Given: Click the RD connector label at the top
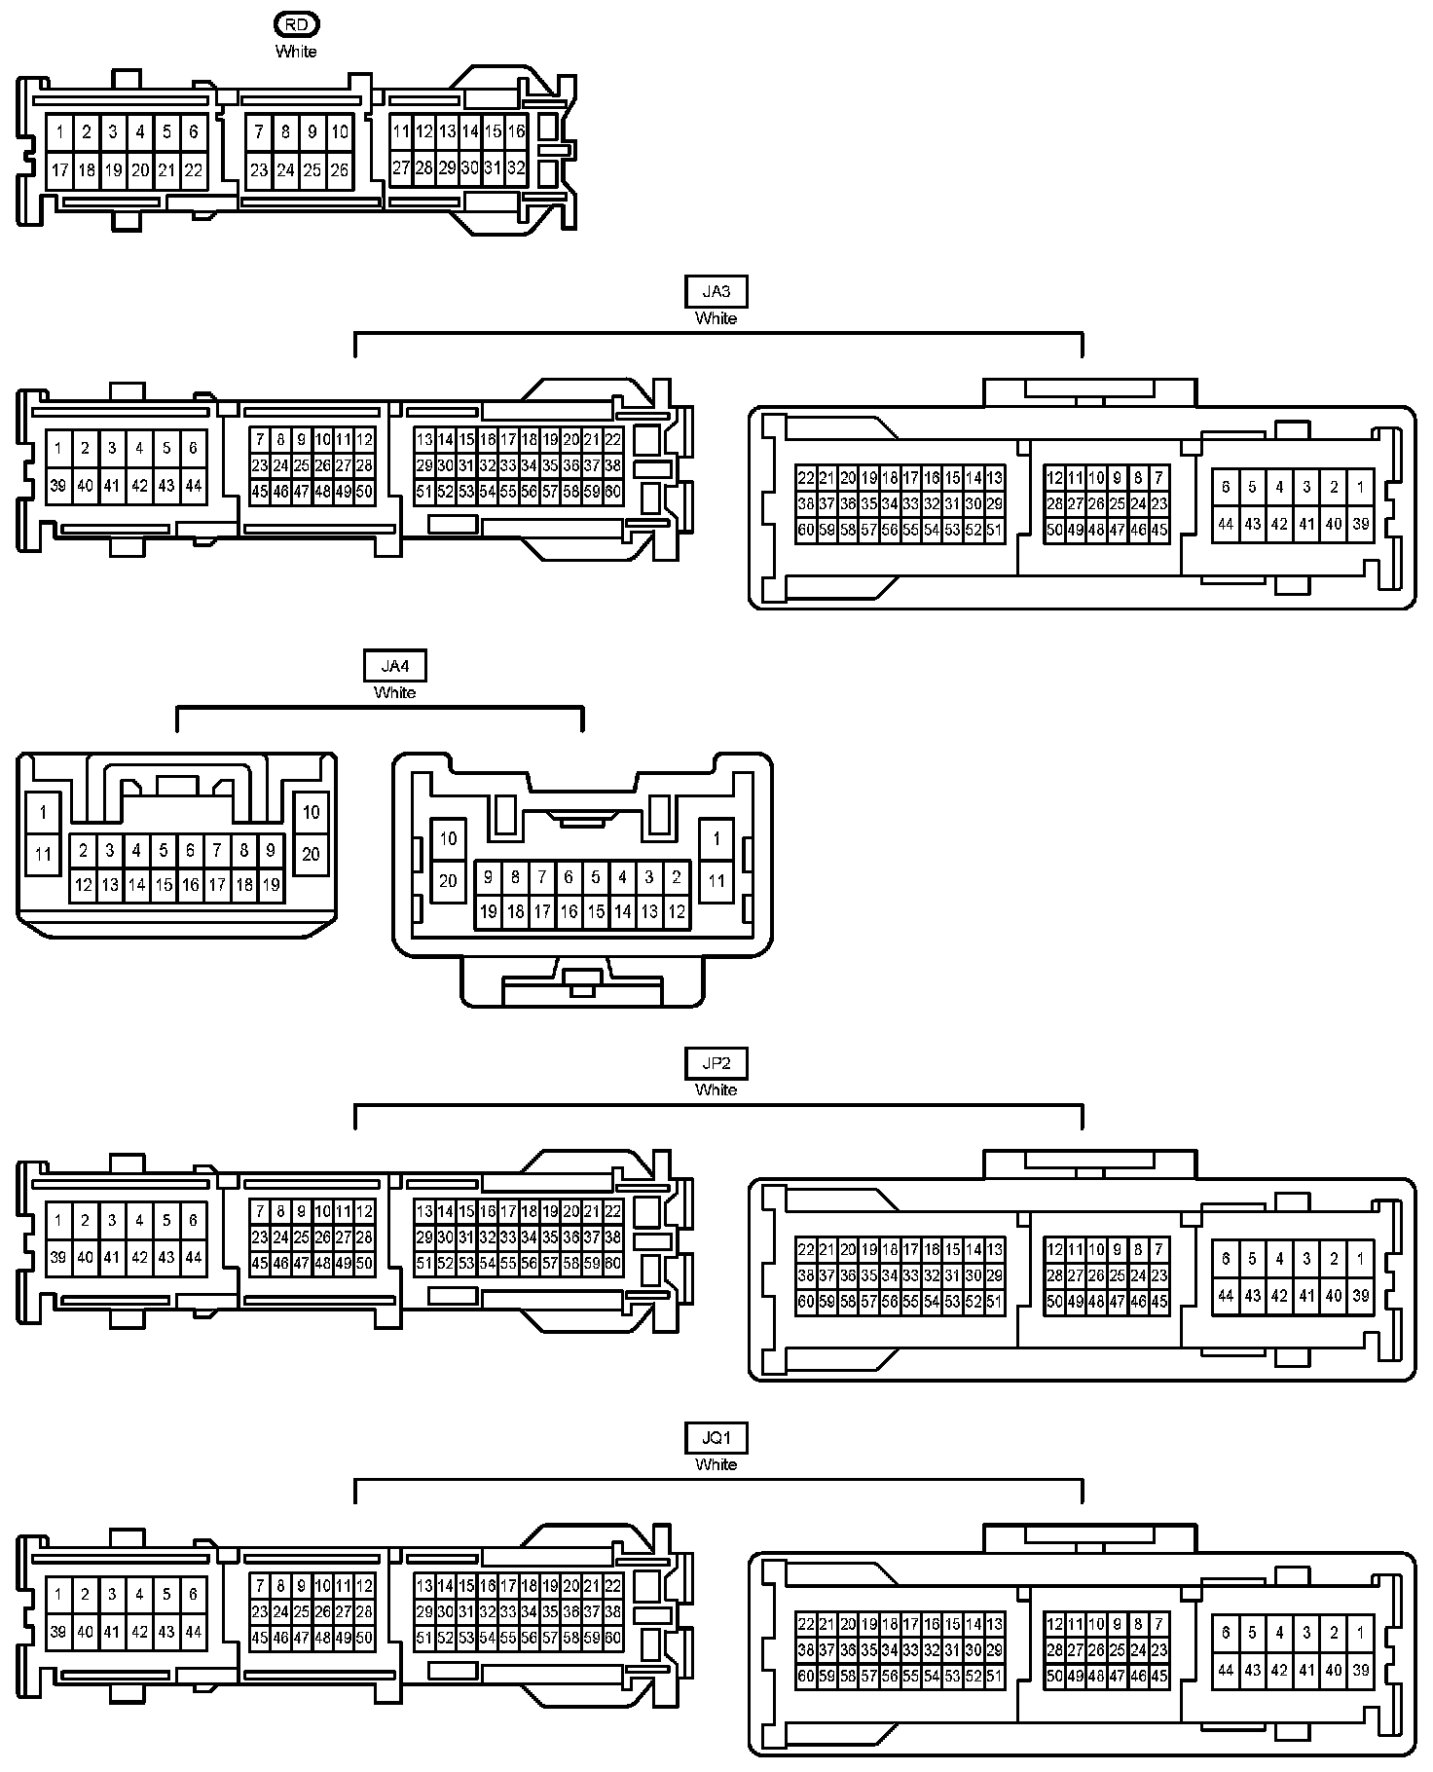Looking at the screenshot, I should (296, 24).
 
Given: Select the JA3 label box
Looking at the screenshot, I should (716, 291).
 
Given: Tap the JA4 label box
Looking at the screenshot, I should (394, 666).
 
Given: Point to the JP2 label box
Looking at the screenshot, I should (716, 1063).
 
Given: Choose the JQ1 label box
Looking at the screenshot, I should (716, 1437).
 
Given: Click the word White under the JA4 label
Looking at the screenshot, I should (394, 692).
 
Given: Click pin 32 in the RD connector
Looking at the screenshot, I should (516, 167).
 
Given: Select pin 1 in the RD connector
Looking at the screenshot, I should (59, 131).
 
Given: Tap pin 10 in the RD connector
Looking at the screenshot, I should (339, 131).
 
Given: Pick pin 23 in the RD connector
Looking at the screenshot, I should (258, 169).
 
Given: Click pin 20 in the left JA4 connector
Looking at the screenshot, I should (311, 854).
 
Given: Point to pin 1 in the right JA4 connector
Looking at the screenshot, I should (716, 838).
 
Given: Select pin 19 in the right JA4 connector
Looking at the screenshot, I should (489, 912).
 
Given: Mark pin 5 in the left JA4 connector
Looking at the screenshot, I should (164, 850).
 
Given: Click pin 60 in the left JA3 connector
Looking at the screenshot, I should (612, 492).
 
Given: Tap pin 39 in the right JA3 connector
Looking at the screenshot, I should (1360, 524).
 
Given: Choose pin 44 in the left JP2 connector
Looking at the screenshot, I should (193, 1257).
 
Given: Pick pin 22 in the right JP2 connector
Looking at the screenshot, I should (806, 1249).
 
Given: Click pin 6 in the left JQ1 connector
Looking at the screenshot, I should (193, 1594).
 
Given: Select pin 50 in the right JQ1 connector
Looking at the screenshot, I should (1054, 1676).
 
